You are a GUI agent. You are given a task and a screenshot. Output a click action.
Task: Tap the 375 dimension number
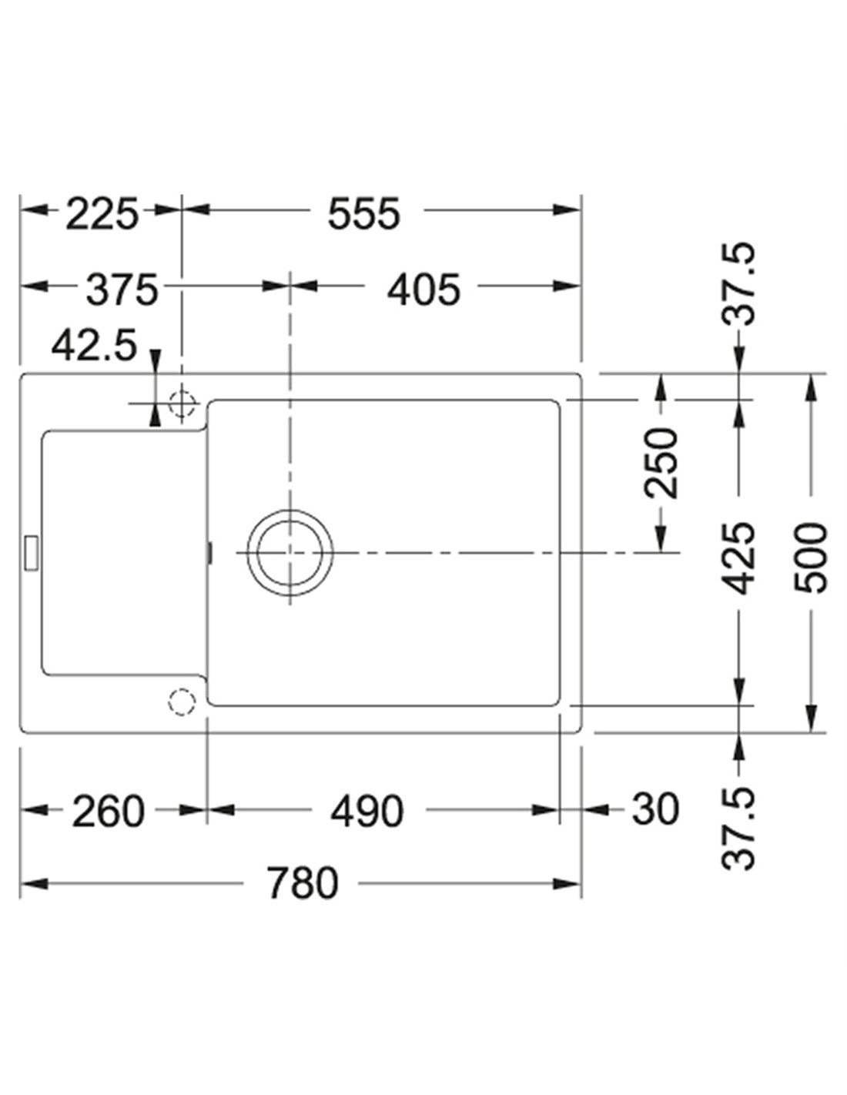pyautogui.click(x=121, y=290)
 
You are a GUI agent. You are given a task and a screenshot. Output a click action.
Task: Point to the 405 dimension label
pyautogui.click(x=423, y=290)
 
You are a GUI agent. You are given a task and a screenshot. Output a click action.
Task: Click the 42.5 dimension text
pyautogui.click(x=94, y=347)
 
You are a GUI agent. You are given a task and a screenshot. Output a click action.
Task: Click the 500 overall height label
pyautogui.click(x=811, y=558)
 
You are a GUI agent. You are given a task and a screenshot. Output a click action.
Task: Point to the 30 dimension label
pyautogui.click(x=655, y=810)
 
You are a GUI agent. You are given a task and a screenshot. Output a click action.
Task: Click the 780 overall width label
pyautogui.click(x=303, y=883)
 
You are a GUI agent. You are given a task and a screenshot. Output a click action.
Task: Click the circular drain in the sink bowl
pyautogui.click(x=290, y=552)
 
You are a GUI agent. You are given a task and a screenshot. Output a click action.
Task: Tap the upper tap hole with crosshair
pyautogui.click(x=182, y=403)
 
